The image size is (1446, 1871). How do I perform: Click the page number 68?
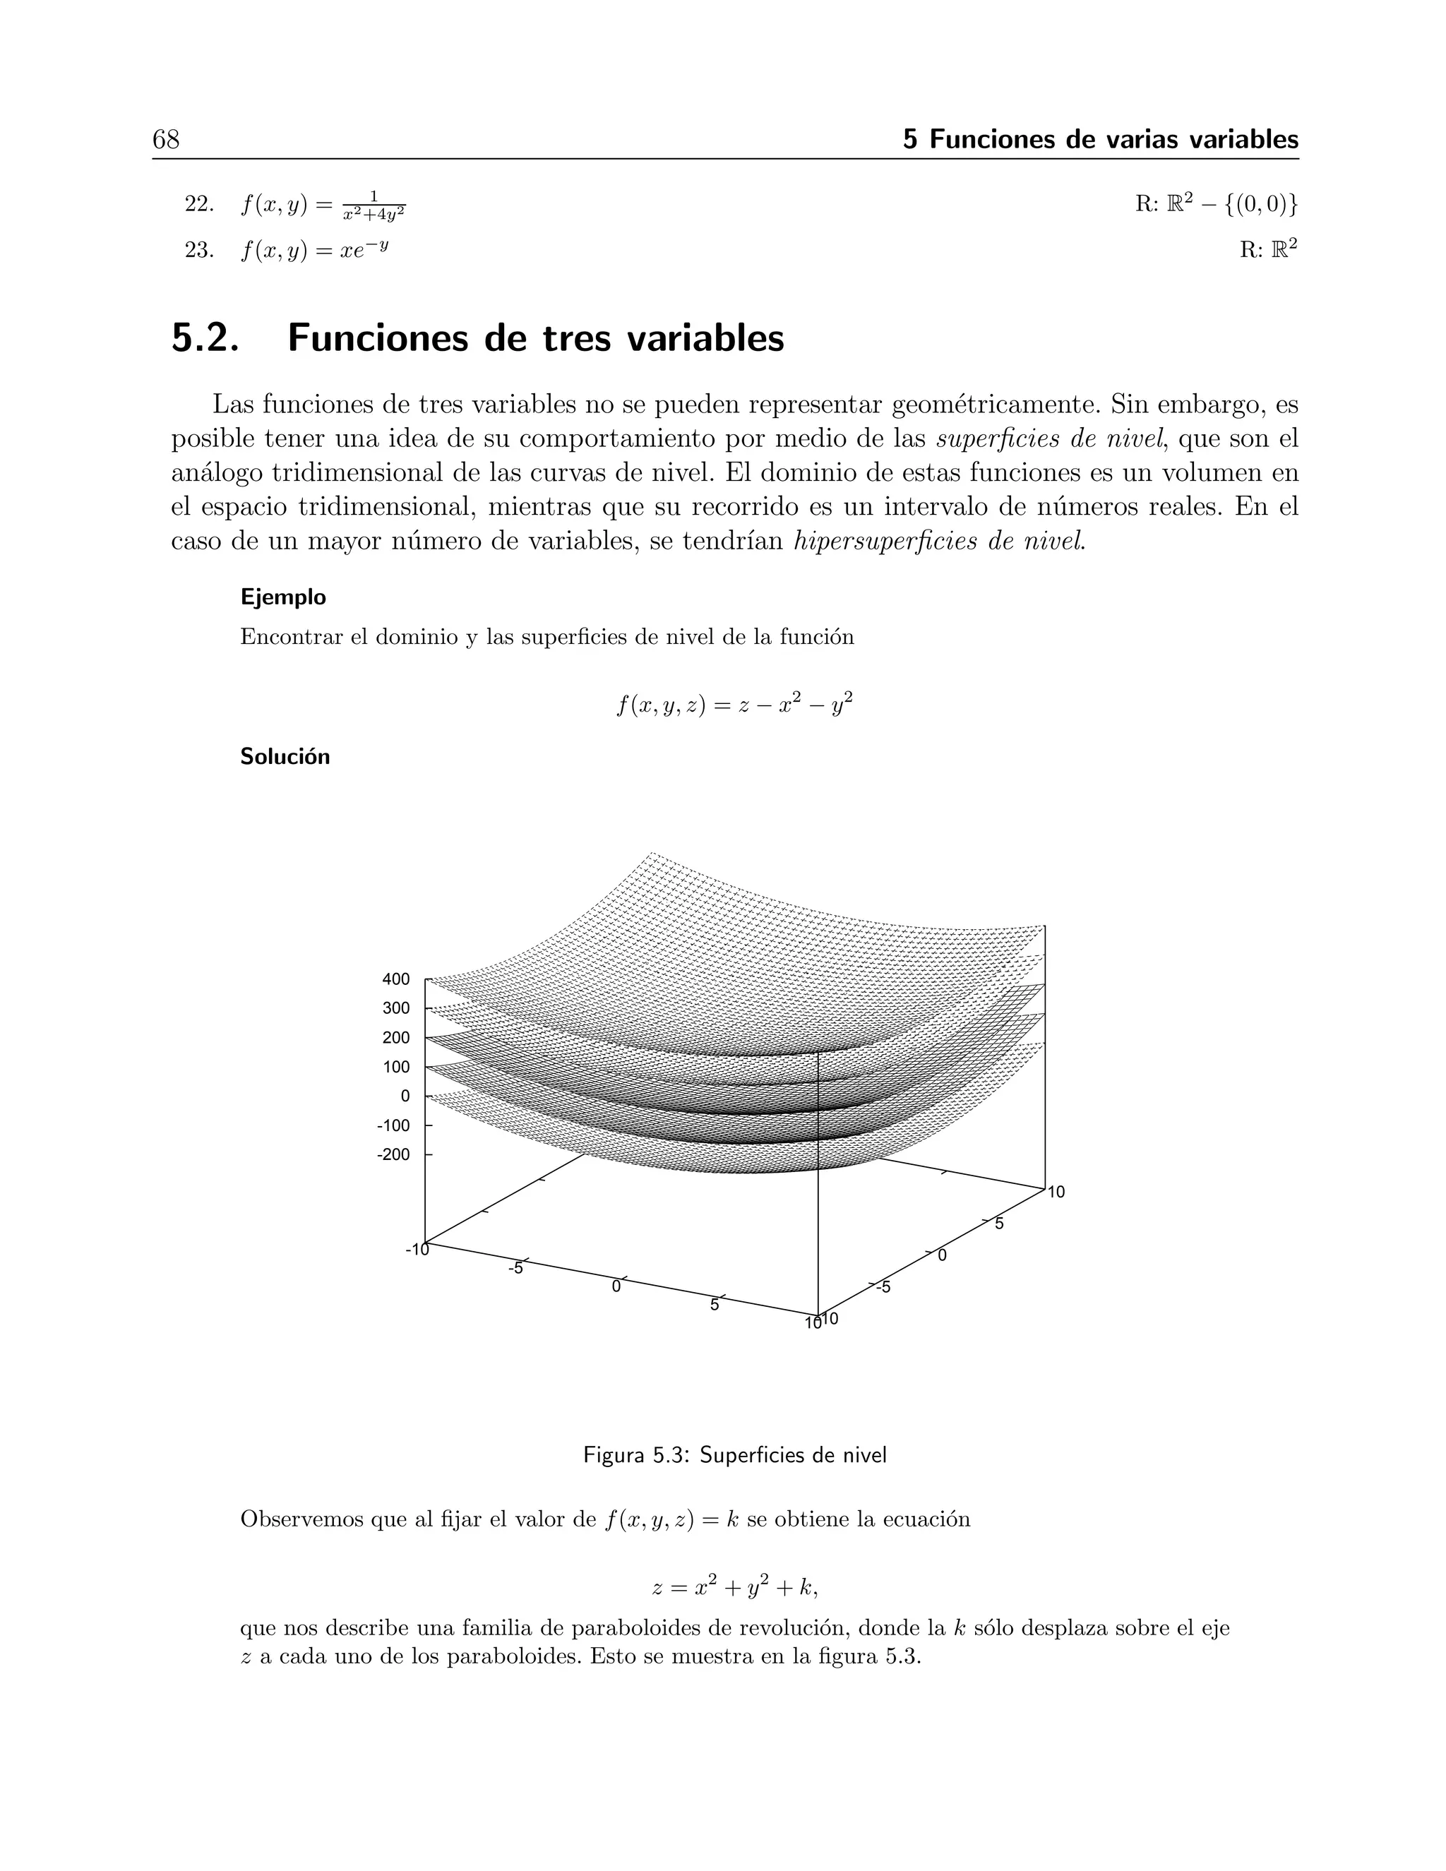(x=166, y=139)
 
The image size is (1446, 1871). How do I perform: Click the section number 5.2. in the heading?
(x=204, y=337)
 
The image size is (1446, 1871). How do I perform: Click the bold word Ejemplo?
(x=282, y=597)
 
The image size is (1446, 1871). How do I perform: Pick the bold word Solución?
(x=285, y=758)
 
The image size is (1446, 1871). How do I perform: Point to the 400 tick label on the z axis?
(x=396, y=979)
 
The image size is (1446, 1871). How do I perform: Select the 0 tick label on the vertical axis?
(x=405, y=1096)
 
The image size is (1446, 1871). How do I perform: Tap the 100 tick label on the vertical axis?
(x=396, y=1067)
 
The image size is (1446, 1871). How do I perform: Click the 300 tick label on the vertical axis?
(x=396, y=1008)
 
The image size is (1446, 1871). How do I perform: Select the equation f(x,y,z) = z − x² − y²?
(x=734, y=705)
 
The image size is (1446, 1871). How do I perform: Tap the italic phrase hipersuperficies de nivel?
(x=939, y=542)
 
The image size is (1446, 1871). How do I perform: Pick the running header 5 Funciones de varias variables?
(x=1100, y=139)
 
